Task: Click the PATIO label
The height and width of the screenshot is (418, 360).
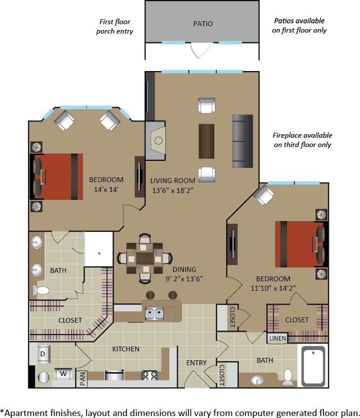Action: point(202,24)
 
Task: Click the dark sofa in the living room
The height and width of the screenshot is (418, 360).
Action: point(242,141)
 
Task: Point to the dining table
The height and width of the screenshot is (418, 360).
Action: point(145,258)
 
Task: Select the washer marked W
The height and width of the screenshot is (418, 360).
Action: point(63,374)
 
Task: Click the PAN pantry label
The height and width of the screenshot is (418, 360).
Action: point(82,379)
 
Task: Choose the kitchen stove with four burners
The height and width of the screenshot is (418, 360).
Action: point(149,376)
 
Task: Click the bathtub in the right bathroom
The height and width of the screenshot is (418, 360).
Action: point(314,366)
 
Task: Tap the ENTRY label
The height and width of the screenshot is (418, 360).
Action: point(197,363)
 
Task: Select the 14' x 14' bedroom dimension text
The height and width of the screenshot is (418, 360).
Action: point(106,189)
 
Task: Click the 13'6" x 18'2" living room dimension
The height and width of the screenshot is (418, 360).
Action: point(172,190)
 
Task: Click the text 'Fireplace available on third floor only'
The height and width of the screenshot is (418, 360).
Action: point(302,140)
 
